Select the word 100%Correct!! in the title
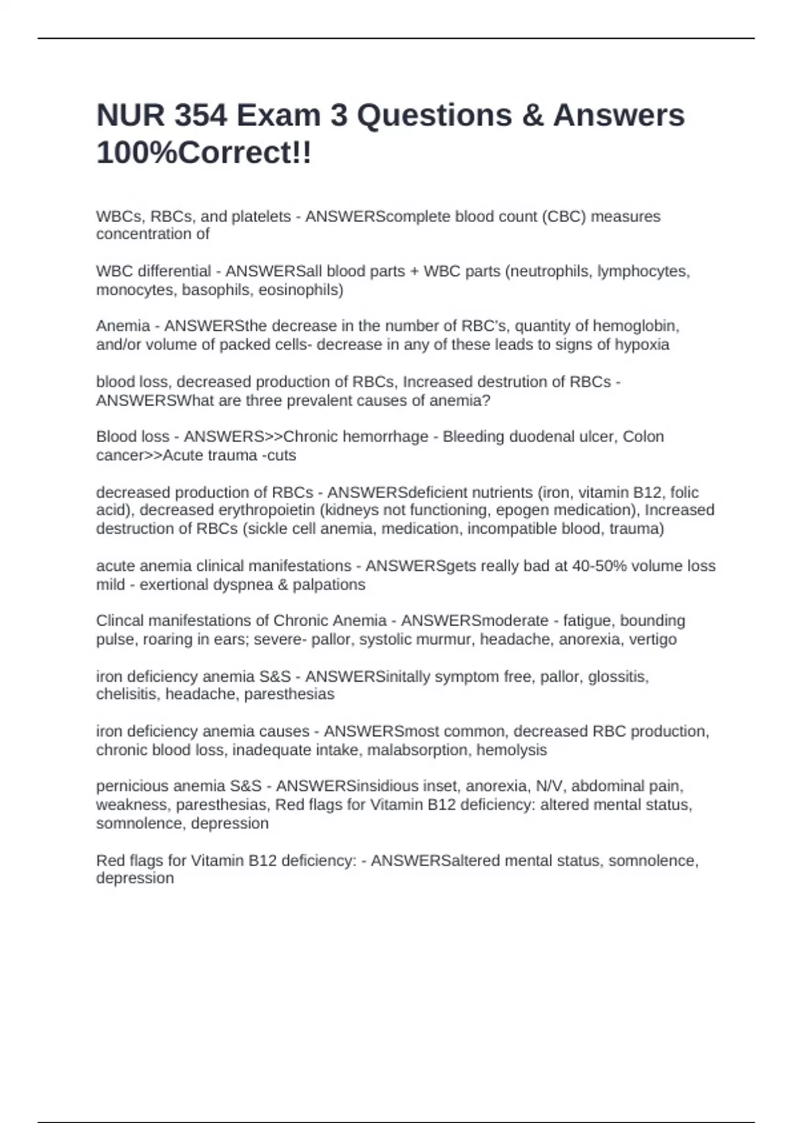(x=204, y=153)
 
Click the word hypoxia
(x=642, y=345)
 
